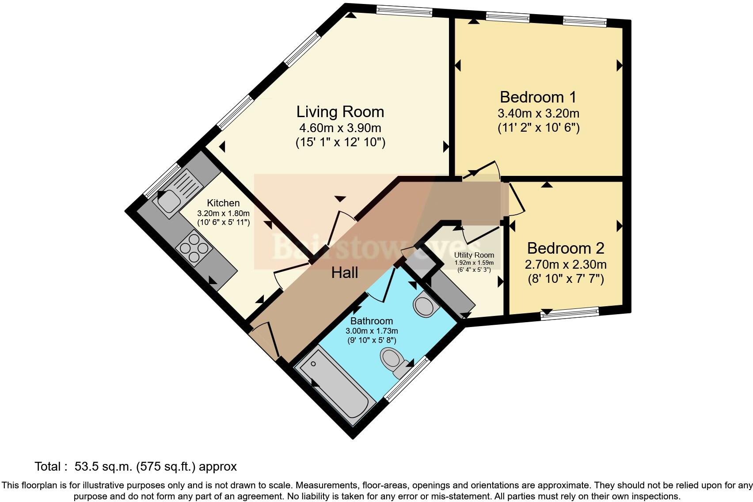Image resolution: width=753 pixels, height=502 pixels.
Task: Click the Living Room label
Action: point(340,112)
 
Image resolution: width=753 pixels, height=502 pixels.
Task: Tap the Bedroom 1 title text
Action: point(538,97)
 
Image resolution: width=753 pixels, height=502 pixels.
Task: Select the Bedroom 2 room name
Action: point(566,248)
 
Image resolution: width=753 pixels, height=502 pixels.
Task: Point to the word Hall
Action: point(345,273)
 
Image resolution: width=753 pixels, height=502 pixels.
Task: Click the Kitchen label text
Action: point(223,203)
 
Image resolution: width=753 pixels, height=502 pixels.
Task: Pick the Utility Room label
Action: point(474,255)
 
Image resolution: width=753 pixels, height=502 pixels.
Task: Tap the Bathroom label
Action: point(372,321)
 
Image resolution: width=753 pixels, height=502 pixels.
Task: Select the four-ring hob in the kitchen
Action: point(194,248)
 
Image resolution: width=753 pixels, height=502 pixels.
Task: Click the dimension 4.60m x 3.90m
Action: point(340,128)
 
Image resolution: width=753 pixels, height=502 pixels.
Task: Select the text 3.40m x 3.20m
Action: point(538,113)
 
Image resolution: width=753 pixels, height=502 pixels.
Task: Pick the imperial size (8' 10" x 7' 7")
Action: point(566,279)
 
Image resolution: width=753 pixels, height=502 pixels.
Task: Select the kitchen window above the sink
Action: point(162,180)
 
